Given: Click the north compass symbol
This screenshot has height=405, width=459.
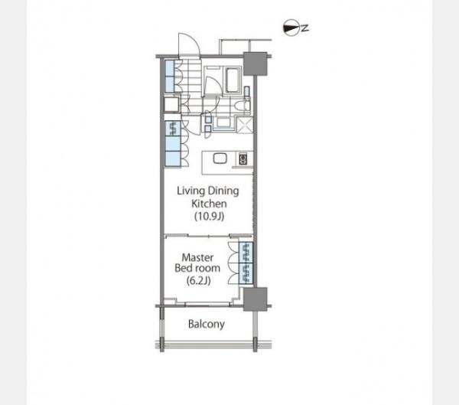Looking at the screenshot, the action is coord(291,28).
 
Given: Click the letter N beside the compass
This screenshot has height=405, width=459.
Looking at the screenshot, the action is coord(305,28).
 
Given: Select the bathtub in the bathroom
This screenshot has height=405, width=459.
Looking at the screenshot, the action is coord(232,80).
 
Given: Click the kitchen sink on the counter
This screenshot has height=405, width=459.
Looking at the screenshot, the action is coord(220,158).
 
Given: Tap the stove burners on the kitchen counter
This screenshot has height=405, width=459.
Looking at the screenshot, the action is coord(243,159).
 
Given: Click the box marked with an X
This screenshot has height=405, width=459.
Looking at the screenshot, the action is coord(245,125).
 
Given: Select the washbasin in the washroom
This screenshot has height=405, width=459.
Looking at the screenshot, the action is coord(223,122).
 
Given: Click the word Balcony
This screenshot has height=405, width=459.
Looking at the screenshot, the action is coord(207,324).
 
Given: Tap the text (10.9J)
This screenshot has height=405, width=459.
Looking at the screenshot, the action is coord(210,216).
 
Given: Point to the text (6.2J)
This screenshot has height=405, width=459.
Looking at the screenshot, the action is coord(198,281).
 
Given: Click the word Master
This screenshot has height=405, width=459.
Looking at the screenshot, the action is coord(197,257).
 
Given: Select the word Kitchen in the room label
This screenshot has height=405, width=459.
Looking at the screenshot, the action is coord(209,204).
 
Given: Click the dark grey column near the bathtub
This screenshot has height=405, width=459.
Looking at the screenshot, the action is coord(256,64).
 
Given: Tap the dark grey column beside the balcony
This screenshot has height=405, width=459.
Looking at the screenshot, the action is coord(256,299).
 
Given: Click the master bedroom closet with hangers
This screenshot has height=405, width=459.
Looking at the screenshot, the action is coord(246,263).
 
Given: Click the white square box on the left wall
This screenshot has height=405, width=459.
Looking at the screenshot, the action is coord(171,105).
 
